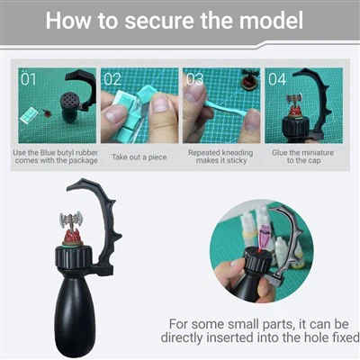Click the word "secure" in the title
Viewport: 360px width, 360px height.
click(159, 21)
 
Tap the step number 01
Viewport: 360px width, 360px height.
click(29, 79)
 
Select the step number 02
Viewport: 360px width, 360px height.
click(112, 79)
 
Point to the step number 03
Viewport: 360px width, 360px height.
click(194, 79)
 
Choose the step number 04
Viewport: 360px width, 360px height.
click(277, 79)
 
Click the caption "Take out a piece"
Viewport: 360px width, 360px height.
click(139, 157)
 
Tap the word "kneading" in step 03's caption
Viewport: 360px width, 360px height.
click(236, 153)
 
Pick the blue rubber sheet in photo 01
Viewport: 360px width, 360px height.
click(29, 115)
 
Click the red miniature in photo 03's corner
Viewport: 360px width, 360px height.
click(249, 80)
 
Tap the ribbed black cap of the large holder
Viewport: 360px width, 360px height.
click(73, 256)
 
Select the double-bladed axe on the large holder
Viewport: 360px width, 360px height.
click(71, 219)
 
